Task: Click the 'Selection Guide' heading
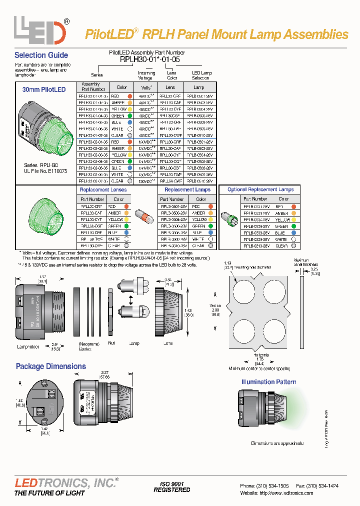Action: tap(41, 55)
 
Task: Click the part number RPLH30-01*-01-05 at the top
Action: tap(149, 59)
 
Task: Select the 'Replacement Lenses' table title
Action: tap(103, 190)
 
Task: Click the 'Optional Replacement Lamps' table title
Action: tap(260, 189)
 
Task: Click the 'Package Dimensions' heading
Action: tap(50, 366)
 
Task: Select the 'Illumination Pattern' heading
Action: tap(268, 382)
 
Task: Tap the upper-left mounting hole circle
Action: tap(246, 293)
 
